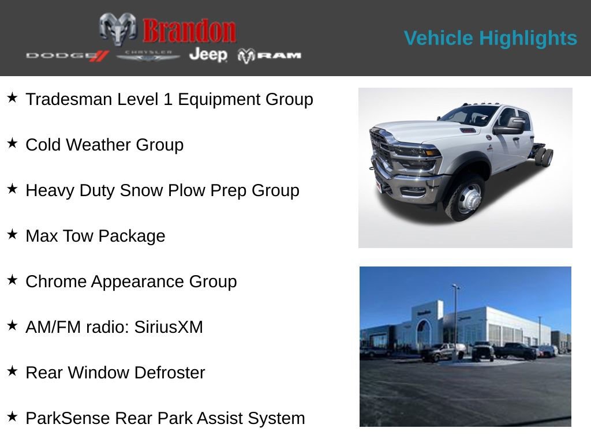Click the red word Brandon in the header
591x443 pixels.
189,31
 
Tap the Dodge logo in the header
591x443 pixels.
67,55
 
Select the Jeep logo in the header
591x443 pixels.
208,54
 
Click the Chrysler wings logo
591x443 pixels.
148,55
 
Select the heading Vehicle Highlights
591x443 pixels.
490,38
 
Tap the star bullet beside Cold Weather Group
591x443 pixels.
12,144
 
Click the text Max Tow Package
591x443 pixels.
95,236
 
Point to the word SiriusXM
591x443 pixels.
169,327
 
